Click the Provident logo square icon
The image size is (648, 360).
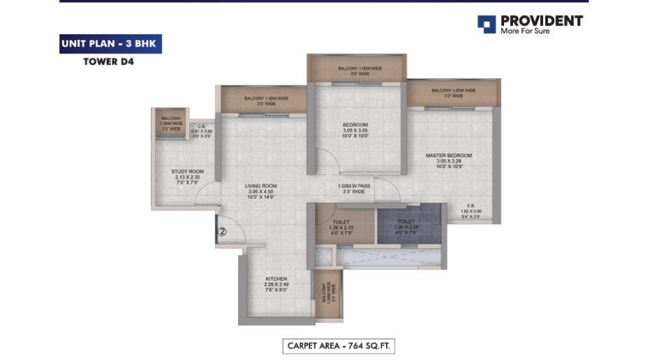tap(486, 25)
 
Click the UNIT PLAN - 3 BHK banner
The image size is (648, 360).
tap(110, 43)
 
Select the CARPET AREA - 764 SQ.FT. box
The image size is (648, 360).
tap(339, 346)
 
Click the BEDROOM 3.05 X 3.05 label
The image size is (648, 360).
tap(355, 130)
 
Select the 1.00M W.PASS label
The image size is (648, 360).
tap(355, 189)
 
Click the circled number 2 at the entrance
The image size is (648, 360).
tap(221, 232)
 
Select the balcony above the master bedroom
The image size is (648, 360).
tap(453, 93)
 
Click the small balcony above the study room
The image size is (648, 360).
tap(170, 123)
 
